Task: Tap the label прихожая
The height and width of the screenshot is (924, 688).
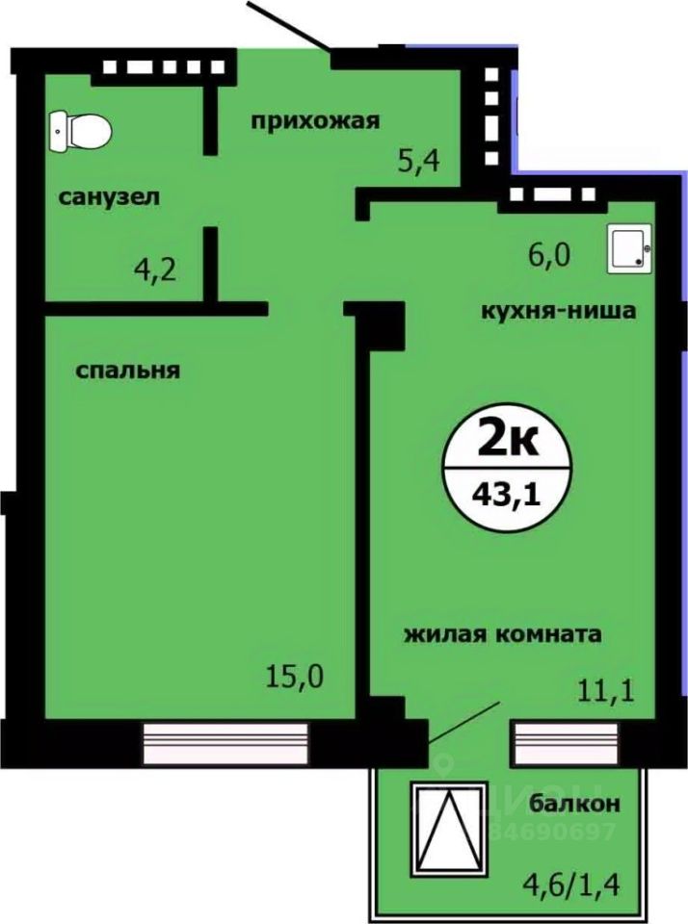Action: [316, 120]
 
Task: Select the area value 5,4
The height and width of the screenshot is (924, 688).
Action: [419, 161]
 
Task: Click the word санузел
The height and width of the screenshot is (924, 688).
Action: [109, 198]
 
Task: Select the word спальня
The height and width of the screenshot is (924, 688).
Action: [129, 371]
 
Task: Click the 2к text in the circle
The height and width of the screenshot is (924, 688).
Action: [508, 444]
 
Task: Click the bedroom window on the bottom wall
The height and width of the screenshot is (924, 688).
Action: [226, 742]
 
